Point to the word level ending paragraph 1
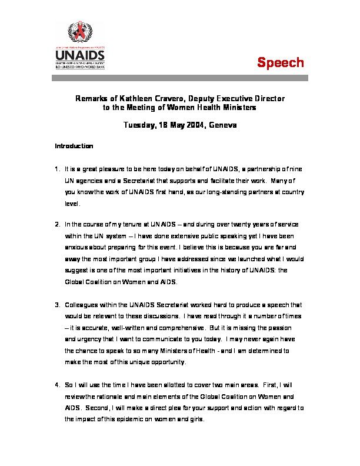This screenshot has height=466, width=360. click(71, 204)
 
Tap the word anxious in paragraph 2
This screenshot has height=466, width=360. click(76, 248)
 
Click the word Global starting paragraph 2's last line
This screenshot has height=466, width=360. click(74, 282)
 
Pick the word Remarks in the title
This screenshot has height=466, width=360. click(92, 99)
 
